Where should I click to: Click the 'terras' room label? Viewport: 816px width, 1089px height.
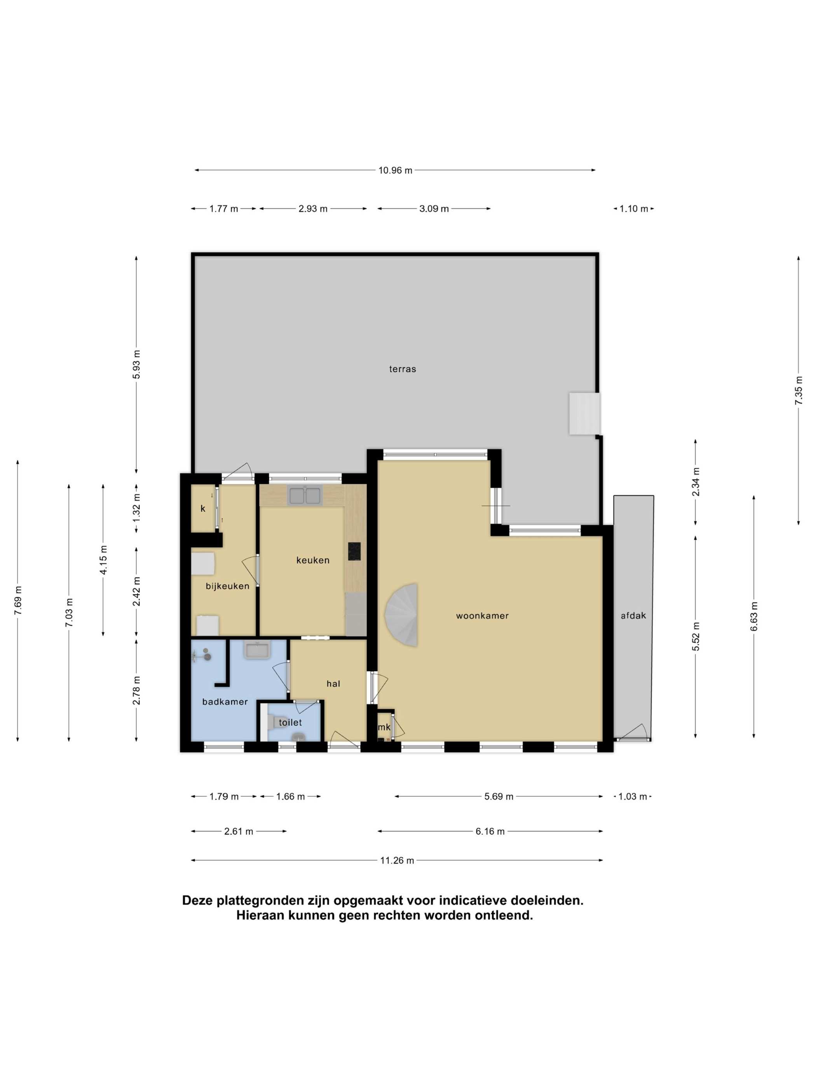[402, 369]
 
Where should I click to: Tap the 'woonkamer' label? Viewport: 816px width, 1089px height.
[482, 615]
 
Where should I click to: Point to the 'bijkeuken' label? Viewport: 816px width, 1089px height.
[227, 586]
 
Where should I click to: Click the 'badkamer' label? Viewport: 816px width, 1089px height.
[225, 702]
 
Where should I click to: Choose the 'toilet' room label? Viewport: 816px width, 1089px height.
[290, 722]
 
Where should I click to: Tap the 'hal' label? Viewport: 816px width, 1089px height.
[333, 683]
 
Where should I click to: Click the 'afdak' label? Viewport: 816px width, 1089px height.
[633, 615]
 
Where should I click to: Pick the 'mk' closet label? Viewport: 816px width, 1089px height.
[384, 727]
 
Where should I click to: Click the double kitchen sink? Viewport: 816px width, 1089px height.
[305, 496]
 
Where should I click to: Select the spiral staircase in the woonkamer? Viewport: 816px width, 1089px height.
[401, 615]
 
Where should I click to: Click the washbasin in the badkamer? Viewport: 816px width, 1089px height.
[257, 650]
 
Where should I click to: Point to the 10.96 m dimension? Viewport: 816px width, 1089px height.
[395, 170]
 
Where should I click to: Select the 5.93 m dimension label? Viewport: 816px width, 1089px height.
[136, 364]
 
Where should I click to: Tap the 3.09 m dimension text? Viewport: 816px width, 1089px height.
[434, 209]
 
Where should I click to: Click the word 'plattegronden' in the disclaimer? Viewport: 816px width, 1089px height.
[261, 900]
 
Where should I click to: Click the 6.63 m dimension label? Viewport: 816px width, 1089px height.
[753, 616]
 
